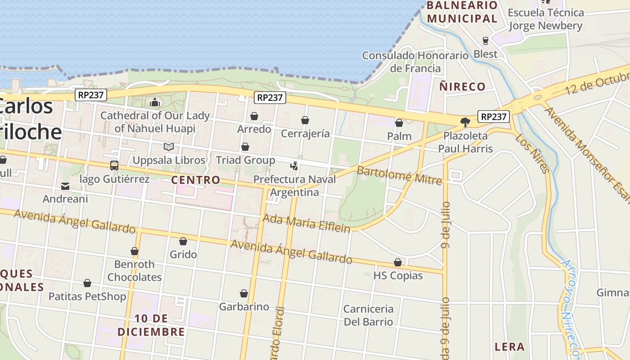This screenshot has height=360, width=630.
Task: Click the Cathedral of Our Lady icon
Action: click(155, 102)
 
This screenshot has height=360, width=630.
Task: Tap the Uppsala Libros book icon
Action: click(169, 147)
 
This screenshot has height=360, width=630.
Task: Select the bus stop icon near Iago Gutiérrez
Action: click(114, 166)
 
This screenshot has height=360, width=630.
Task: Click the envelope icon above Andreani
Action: click(65, 186)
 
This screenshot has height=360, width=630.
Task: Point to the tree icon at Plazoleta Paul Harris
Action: click(465, 122)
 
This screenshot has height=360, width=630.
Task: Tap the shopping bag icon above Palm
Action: click(399, 123)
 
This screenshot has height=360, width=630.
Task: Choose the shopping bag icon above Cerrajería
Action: click(305, 120)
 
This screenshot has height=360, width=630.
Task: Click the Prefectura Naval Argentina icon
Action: click(294, 166)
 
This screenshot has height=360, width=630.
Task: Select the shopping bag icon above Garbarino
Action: click(244, 293)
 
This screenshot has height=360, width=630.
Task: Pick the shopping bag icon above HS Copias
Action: click(398, 262)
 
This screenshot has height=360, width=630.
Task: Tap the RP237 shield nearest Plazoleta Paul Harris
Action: click(494, 117)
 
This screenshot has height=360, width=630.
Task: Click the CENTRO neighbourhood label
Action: click(196, 180)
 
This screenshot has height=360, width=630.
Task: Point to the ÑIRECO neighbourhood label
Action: click(463, 86)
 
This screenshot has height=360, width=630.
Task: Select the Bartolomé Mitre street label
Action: click(399, 175)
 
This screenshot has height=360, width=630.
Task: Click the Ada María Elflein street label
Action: click(306, 223)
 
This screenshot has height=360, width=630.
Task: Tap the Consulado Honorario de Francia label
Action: click(415, 62)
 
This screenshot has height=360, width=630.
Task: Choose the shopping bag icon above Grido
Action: click(183, 241)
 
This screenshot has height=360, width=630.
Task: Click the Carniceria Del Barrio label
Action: click(368, 315)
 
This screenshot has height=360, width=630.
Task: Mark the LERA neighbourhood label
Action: click(510, 346)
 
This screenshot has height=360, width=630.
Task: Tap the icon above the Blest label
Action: click(485, 41)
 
